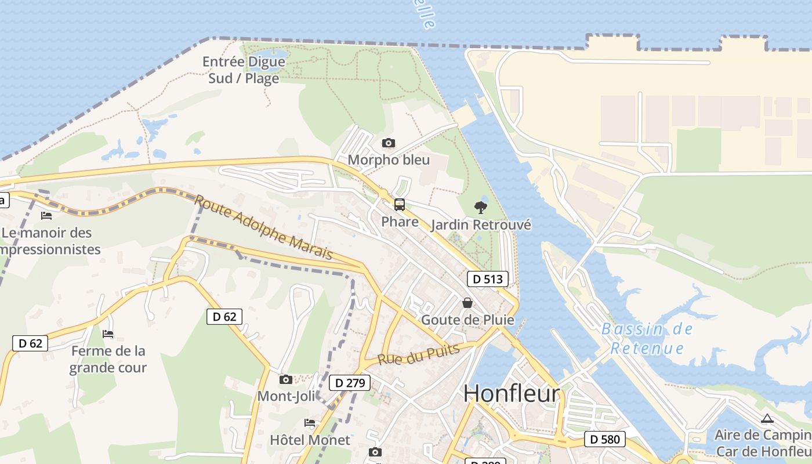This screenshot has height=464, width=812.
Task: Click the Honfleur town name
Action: pyautogui.click(x=512, y=394)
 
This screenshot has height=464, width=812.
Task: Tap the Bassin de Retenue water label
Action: pyautogui.click(x=647, y=338)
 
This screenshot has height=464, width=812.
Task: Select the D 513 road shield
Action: pyautogui.click(x=487, y=279)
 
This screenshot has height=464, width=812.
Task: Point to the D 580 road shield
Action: pyautogui.click(x=605, y=440)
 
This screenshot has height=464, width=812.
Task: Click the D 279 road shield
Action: pyautogui.click(x=350, y=383)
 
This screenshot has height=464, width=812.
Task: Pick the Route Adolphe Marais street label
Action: pyautogui.click(x=264, y=227)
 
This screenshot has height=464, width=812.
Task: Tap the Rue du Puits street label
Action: pyautogui.click(x=418, y=354)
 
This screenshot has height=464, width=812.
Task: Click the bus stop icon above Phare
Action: pyautogui.click(x=400, y=204)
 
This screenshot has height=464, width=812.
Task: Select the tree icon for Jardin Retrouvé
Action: pyautogui.click(x=480, y=207)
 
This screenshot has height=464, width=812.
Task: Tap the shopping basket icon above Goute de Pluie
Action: pyautogui.click(x=467, y=303)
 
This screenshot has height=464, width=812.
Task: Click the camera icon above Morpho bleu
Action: pyautogui.click(x=389, y=143)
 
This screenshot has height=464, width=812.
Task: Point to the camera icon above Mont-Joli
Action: pyautogui.click(x=285, y=379)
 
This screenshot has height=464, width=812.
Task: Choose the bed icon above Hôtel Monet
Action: pyautogui.click(x=310, y=423)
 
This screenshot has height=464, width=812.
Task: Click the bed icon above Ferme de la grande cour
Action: pyautogui.click(x=108, y=333)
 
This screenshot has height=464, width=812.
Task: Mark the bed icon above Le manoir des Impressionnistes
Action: pyautogui.click(x=46, y=216)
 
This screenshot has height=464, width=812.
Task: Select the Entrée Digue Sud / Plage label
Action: pyautogui.click(x=244, y=70)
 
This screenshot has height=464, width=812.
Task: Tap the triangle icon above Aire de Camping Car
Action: pyautogui.click(x=767, y=418)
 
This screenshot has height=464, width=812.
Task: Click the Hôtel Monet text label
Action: pyautogui.click(x=310, y=440)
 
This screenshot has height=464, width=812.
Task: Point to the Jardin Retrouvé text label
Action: pyautogui.click(x=481, y=225)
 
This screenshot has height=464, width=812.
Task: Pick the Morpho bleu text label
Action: pyautogui.click(x=389, y=159)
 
